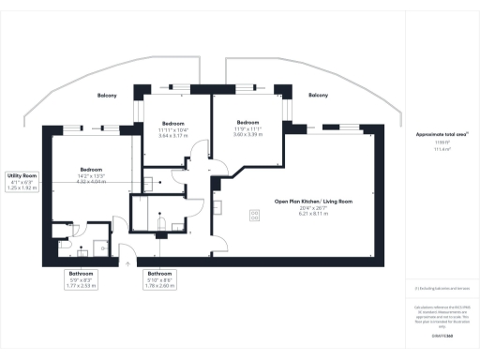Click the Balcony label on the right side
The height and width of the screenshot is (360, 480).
click(x=319, y=96)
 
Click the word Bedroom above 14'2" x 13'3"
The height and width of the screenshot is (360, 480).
click(x=90, y=170)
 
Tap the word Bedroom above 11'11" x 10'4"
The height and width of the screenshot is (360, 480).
click(x=173, y=124)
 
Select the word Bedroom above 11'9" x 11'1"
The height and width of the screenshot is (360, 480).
click(x=247, y=123)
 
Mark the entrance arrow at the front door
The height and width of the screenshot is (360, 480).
click(x=127, y=262)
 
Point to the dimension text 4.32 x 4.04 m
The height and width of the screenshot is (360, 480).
click(x=90, y=181)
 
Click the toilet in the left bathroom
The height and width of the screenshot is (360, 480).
click(x=67, y=250)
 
